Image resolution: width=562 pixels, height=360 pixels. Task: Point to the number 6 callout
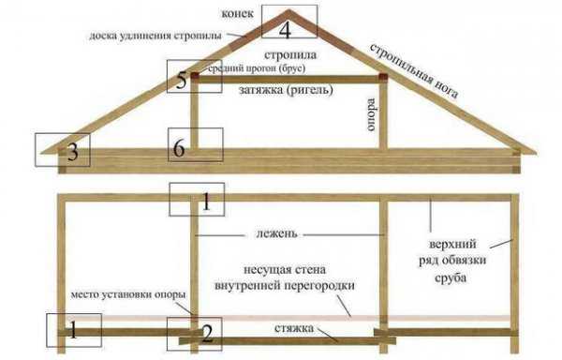click(x=178, y=147)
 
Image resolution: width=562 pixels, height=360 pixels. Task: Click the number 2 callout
click(x=206, y=332)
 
